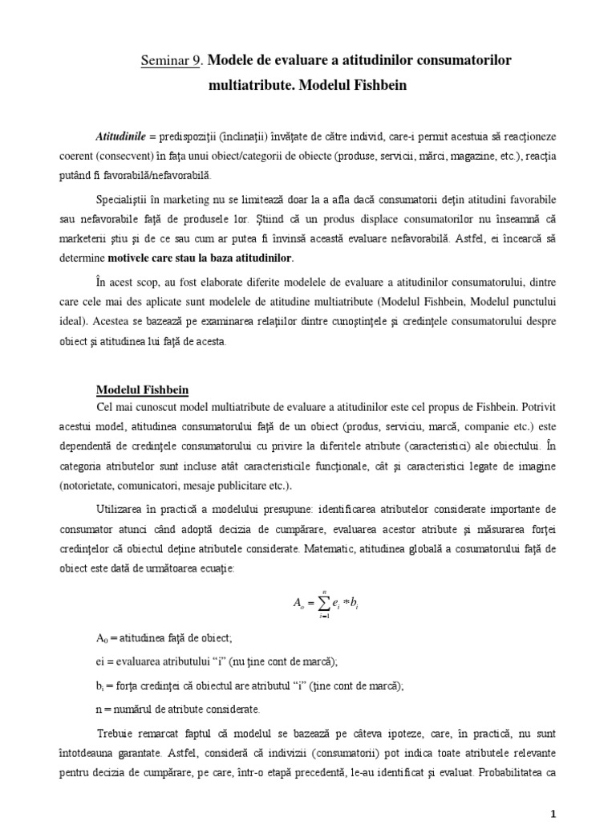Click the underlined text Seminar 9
point(170,61)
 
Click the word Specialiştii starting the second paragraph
point(128,197)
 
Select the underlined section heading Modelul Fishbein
point(142,390)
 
